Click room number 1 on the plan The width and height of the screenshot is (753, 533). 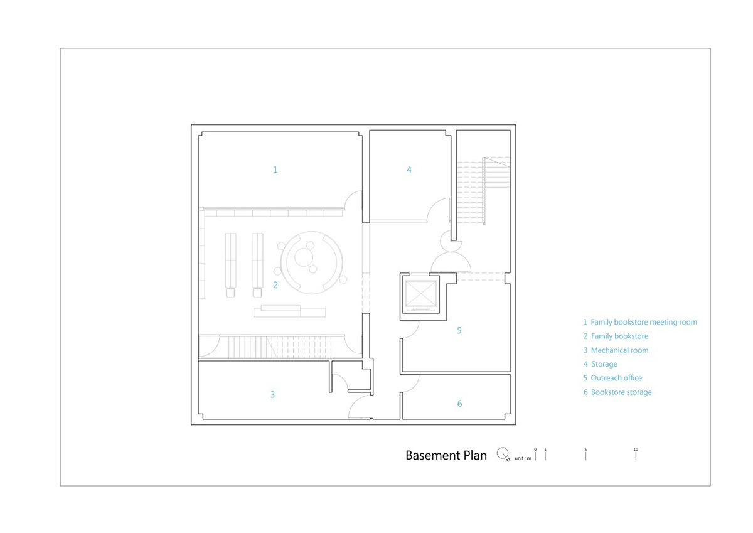(x=275, y=170)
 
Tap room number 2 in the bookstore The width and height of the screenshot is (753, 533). (x=275, y=285)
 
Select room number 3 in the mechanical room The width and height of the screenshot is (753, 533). (x=272, y=394)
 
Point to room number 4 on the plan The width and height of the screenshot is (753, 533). (x=409, y=170)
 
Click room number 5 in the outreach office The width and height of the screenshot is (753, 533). (x=459, y=331)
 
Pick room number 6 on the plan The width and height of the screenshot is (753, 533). (x=459, y=404)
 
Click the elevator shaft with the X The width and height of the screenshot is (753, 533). (x=422, y=294)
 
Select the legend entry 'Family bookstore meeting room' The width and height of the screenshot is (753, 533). (x=640, y=322)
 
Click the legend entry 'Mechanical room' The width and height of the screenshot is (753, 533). (x=616, y=350)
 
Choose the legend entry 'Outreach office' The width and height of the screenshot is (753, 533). (x=612, y=378)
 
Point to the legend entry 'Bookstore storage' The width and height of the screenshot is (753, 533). (x=617, y=392)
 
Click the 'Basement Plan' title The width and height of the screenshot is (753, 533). (x=446, y=455)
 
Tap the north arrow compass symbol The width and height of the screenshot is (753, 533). (x=503, y=455)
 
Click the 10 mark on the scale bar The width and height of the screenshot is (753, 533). (x=636, y=455)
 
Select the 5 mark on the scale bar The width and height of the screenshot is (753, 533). (x=585, y=455)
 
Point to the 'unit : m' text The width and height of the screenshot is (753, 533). (x=523, y=458)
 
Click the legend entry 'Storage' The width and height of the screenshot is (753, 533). (x=601, y=364)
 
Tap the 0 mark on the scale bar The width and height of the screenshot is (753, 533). (x=535, y=455)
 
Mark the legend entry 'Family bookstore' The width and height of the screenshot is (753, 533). (x=616, y=336)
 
